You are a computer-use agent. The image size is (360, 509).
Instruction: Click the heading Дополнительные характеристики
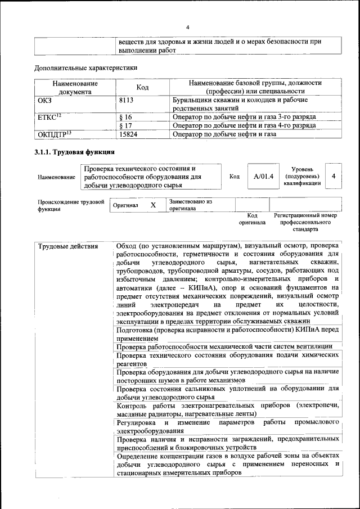click(x=85, y=68)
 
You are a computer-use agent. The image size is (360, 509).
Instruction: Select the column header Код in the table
click(x=142, y=87)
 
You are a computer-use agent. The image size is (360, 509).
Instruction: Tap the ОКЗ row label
click(x=44, y=100)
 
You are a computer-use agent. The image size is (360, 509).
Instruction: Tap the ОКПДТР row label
click(x=54, y=134)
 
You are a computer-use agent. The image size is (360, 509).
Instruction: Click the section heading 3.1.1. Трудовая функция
click(x=75, y=152)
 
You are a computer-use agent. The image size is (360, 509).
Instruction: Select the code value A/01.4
click(x=263, y=176)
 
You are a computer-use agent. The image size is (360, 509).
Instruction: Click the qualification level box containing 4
click(x=334, y=176)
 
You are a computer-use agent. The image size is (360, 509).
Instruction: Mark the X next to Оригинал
click(x=152, y=205)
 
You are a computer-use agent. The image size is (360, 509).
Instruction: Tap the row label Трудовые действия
click(x=67, y=246)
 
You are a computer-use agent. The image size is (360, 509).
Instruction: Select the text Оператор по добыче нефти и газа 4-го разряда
click(x=244, y=126)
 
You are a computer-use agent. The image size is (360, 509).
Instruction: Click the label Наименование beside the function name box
click(x=56, y=177)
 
